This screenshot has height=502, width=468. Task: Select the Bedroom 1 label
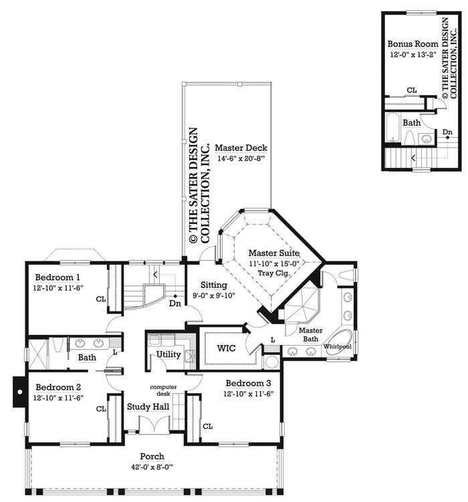tap(58, 277)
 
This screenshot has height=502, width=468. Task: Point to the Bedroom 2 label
tap(58, 387)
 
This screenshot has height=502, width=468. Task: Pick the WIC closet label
tap(221, 348)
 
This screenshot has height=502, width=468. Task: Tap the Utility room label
tap(168, 354)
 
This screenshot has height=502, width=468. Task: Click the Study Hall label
tap(148, 406)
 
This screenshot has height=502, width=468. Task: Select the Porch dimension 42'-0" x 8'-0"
tap(153, 468)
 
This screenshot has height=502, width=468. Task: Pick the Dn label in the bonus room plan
tap(447, 132)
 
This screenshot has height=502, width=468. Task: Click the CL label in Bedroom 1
tap(101, 299)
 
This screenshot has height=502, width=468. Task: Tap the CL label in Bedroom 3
tap(207, 426)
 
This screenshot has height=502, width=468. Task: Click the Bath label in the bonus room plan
tap(411, 123)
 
